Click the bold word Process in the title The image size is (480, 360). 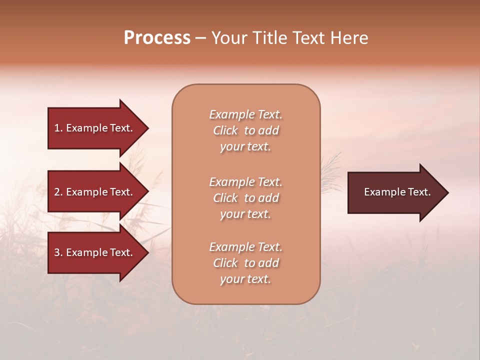tap(157, 38)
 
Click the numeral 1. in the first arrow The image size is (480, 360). tap(58, 128)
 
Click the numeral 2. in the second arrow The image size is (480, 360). tap(58, 192)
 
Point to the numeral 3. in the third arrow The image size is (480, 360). tap(58, 252)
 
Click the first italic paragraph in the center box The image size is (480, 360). tap(245, 130)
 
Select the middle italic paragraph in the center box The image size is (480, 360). tap(245, 198)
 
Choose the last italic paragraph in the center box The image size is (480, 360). tap(245, 263)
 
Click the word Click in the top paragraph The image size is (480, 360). tap(225, 130)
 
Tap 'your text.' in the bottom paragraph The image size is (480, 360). tap(245, 279)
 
